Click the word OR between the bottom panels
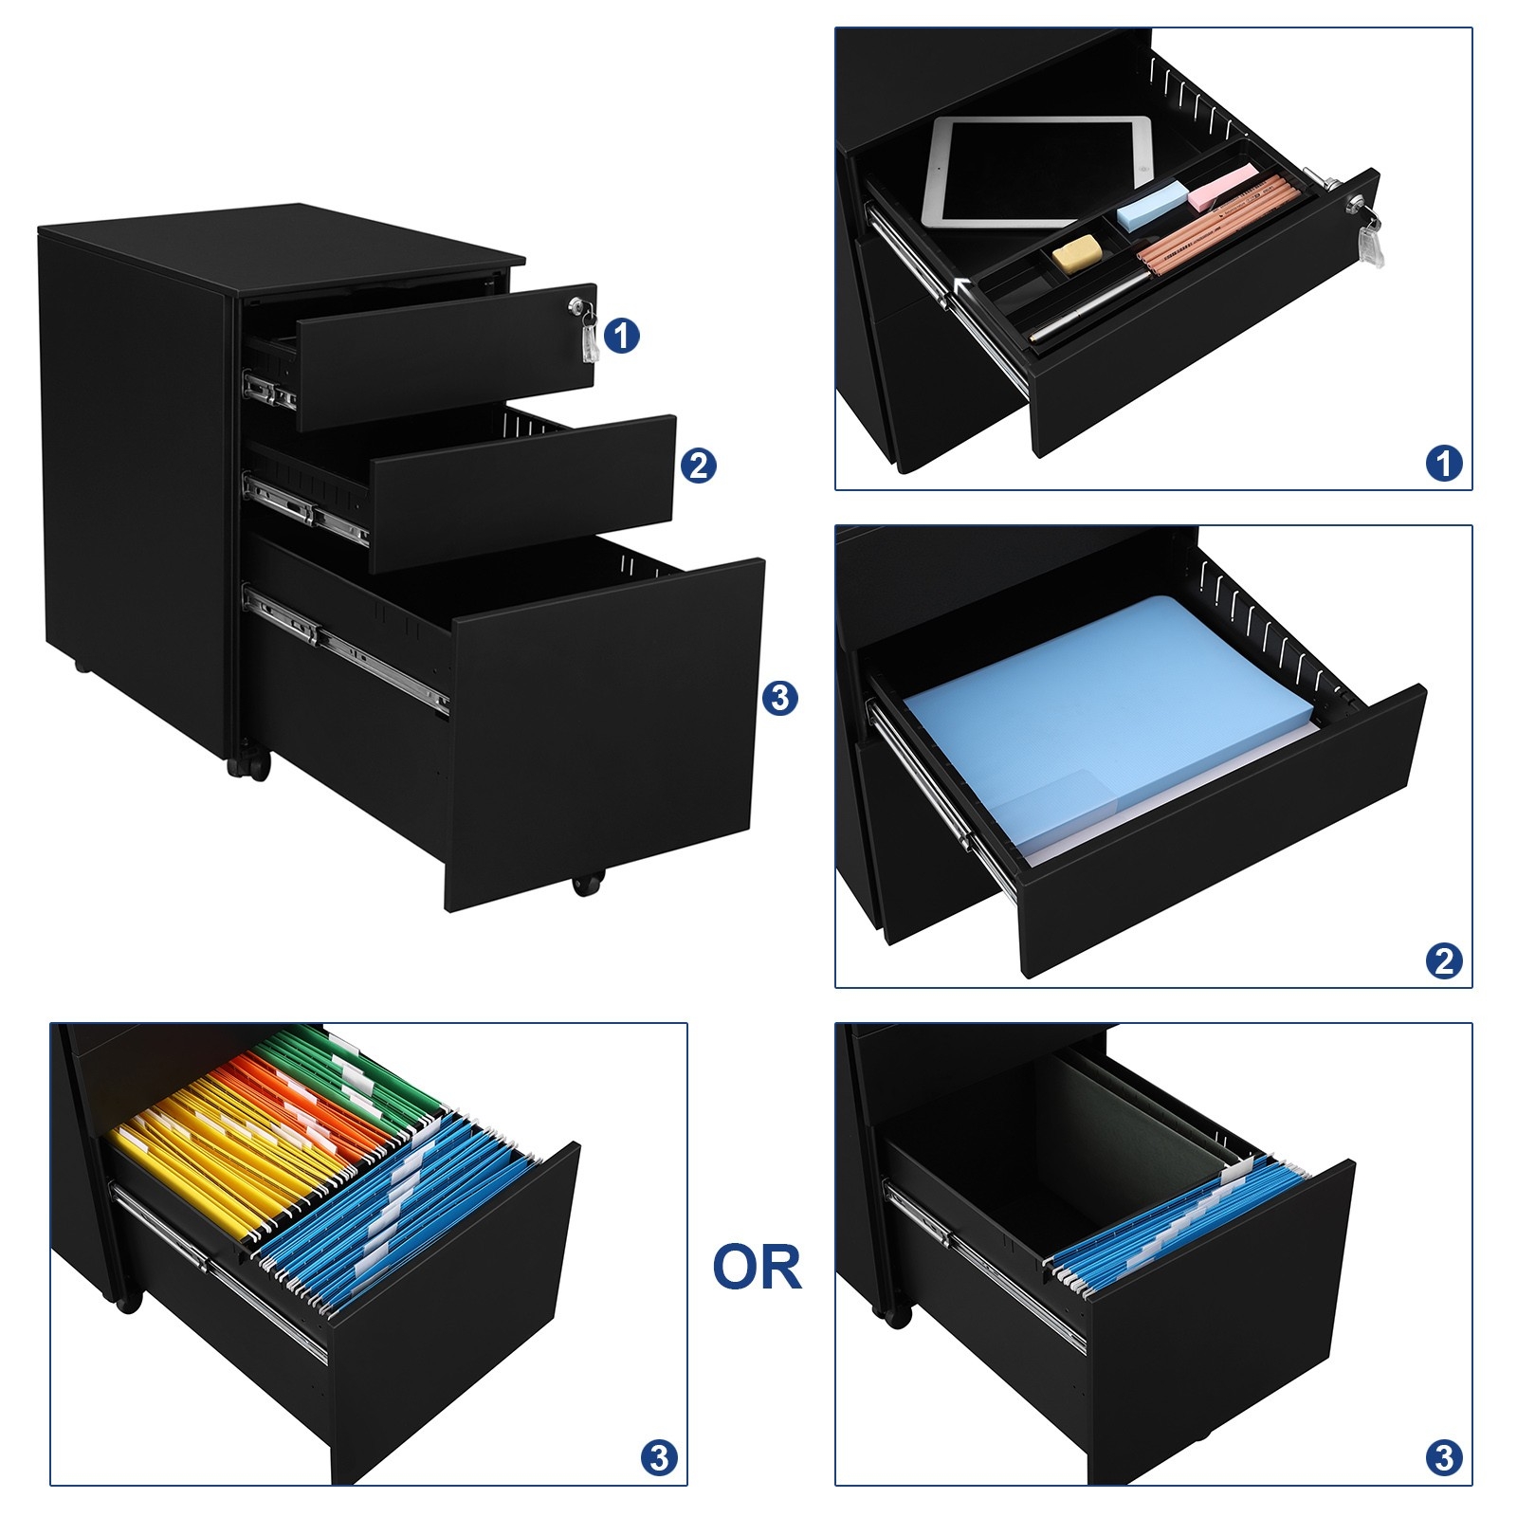click(757, 1267)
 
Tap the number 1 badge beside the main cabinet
click(622, 336)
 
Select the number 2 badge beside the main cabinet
click(698, 466)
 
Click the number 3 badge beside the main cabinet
click(780, 698)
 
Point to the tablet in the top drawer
click(1035, 172)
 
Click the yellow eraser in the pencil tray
click(1079, 254)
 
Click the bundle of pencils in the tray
click(1219, 223)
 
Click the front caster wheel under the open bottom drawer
click(587, 884)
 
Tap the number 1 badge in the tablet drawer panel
click(1444, 464)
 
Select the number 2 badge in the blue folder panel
click(1444, 961)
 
